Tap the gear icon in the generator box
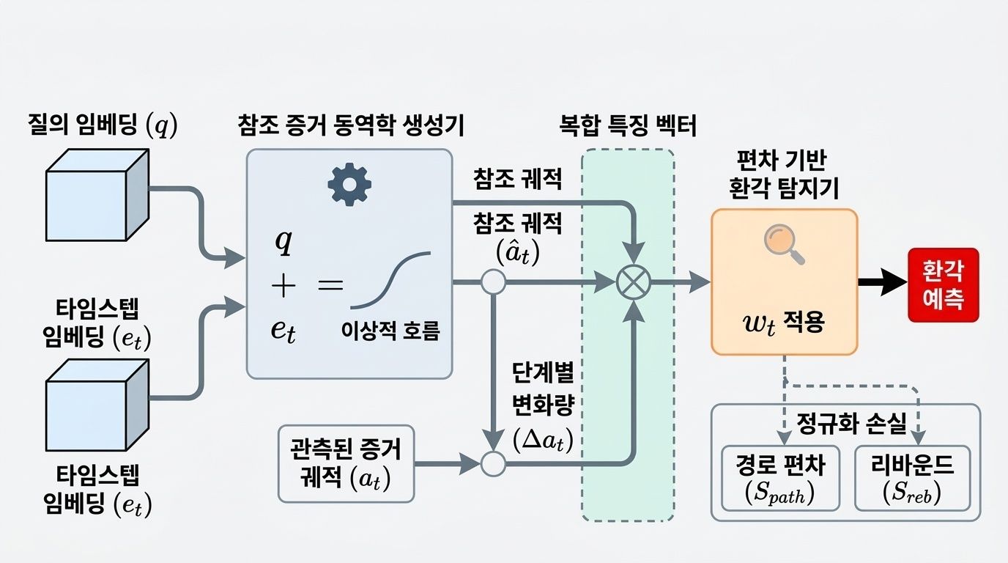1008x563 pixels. (x=349, y=185)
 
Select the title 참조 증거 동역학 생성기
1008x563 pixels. (x=351, y=125)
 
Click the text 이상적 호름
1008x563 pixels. (x=390, y=331)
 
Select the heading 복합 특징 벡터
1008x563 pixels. (x=628, y=125)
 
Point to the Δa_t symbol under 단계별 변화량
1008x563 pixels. (x=543, y=441)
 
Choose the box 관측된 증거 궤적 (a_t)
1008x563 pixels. (x=346, y=464)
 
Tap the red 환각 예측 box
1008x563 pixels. (x=943, y=284)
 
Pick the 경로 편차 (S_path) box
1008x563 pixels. (x=779, y=478)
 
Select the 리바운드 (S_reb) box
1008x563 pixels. (x=912, y=478)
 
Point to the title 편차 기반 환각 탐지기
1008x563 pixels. (x=784, y=174)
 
